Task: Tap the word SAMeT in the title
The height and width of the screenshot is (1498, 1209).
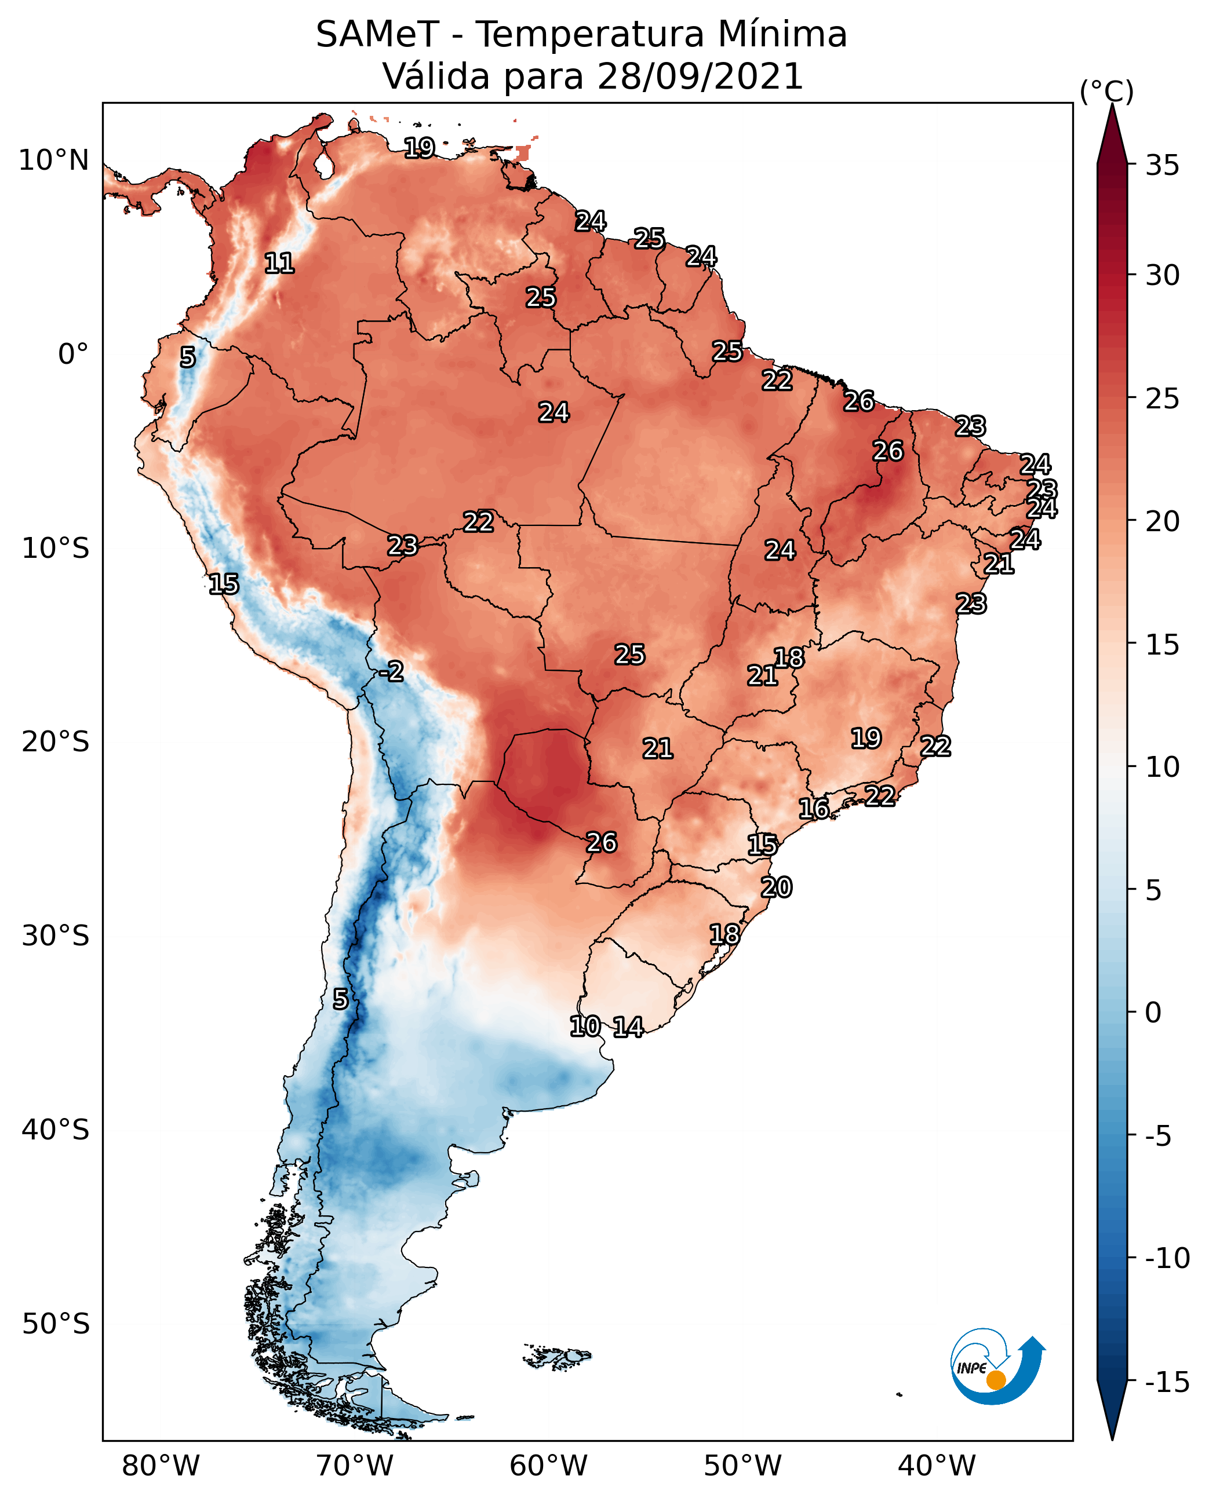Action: coord(377,35)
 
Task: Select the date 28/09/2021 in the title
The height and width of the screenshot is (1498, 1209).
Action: coord(700,76)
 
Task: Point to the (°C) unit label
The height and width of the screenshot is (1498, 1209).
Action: coord(1106,91)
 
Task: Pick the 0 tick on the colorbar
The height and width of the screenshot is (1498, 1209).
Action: coord(1153,1012)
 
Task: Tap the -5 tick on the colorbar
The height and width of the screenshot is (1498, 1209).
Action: coord(1158,1135)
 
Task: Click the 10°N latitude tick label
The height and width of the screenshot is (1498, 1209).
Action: coord(54,161)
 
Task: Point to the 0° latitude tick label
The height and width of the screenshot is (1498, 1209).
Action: coord(73,355)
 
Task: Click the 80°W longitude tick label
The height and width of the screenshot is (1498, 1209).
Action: coord(161,1466)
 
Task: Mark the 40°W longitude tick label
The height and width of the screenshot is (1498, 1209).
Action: coord(937,1466)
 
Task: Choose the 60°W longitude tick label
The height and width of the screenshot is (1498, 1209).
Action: coord(549,1466)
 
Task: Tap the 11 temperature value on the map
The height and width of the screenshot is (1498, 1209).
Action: coord(279,263)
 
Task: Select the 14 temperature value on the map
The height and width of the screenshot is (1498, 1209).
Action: coord(628,1026)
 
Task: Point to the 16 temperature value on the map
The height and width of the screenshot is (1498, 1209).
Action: coord(813,809)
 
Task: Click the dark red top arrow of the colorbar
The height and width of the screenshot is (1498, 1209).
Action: coord(1112,136)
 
